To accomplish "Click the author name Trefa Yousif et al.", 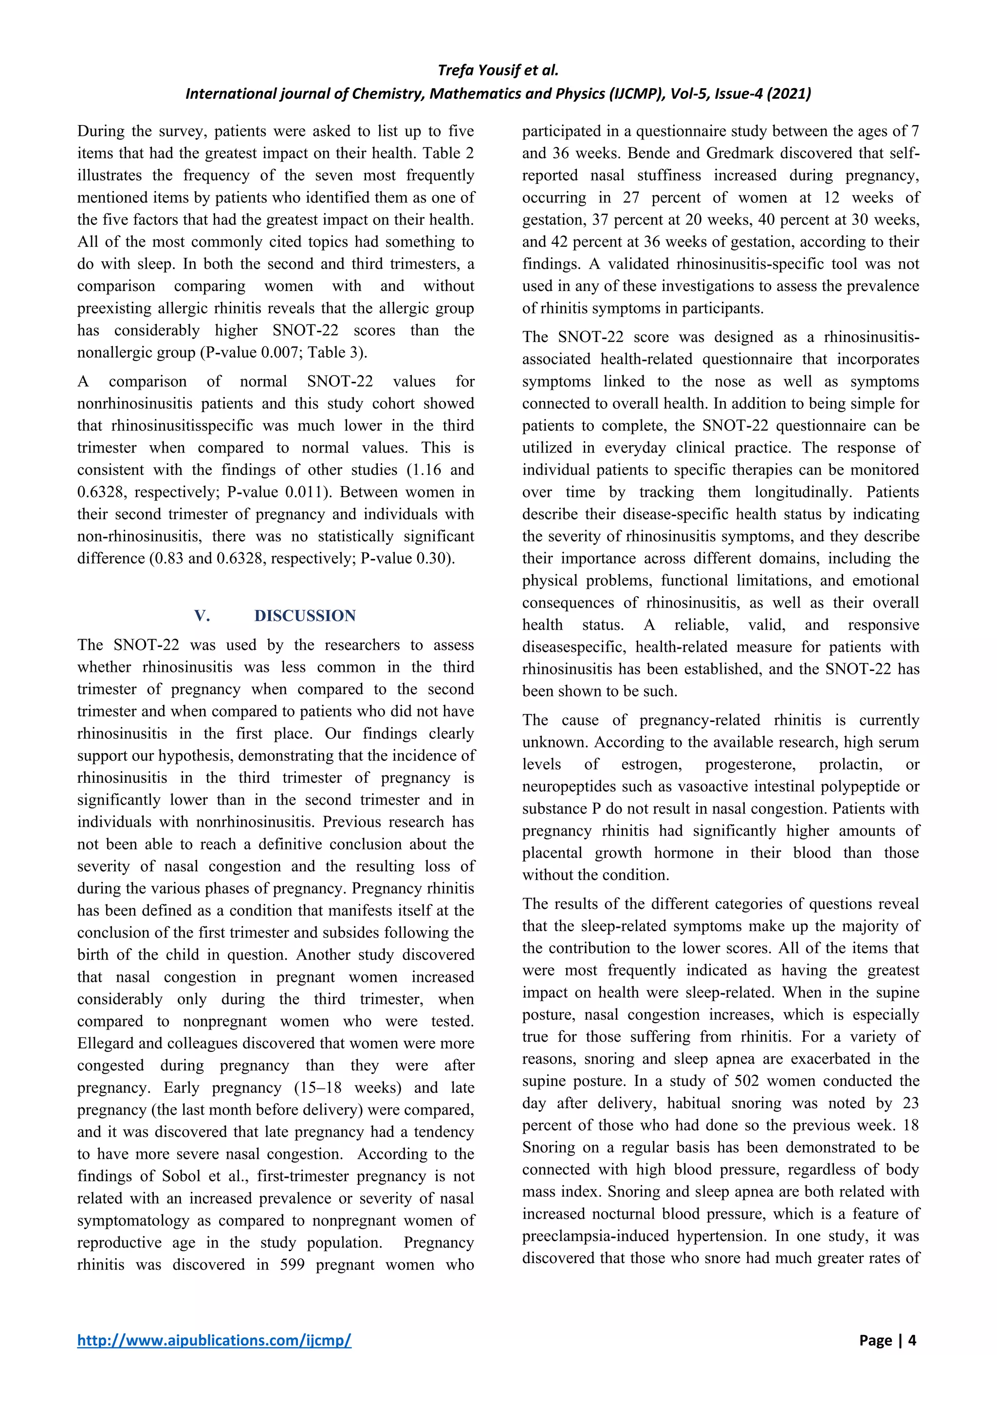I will tap(498, 70).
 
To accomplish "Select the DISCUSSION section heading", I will tap(305, 615).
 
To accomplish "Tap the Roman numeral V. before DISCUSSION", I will tap(202, 615).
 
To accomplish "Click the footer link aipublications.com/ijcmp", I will tap(214, 1340).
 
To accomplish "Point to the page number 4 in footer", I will tap(912, 1340).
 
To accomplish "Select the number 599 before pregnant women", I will tap(292, 1265).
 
